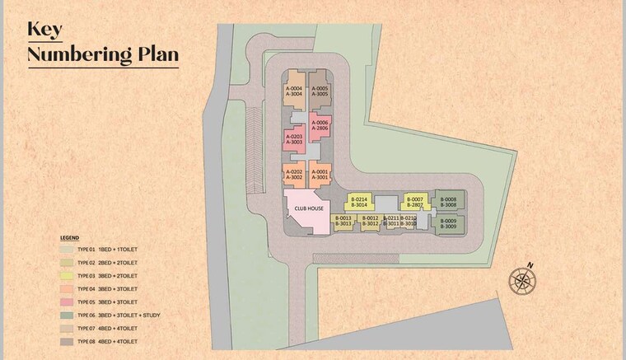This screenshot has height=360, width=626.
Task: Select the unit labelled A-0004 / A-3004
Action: tap(294, 91)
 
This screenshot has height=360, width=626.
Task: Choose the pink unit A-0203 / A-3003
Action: tap(294, 139)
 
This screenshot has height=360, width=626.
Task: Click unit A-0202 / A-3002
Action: tap(294, 174)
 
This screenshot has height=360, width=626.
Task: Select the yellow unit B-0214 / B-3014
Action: tap(359, 202)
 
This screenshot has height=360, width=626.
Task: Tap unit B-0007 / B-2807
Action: tap(415, 202)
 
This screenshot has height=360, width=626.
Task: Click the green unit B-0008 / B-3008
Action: tap(449, 202)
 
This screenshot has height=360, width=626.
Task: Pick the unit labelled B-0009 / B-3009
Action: tap(449, 223)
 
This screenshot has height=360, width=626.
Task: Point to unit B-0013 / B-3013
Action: tap(344, 221)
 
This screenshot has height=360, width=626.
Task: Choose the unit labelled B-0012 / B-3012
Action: tap(369, 221)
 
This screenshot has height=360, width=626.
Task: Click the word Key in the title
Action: tap(45, 29)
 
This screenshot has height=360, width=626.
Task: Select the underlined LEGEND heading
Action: tap(68, 236)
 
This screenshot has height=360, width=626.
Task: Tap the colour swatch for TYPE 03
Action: tap(66, 275)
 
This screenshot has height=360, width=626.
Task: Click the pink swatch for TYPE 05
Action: tap(66, 302)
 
